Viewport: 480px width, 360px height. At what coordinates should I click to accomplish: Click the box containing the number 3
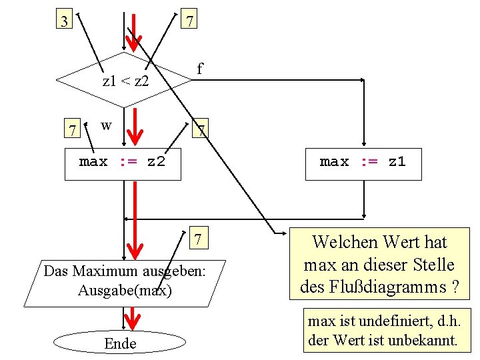64,21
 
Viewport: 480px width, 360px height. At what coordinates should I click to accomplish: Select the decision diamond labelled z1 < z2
125,81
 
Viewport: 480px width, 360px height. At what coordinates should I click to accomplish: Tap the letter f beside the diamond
199,69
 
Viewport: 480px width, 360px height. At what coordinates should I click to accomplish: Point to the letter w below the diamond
106,125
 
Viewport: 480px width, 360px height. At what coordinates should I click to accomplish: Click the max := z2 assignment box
123,164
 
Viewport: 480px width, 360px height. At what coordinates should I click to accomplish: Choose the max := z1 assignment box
363,164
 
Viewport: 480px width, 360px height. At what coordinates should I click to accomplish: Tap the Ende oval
121,343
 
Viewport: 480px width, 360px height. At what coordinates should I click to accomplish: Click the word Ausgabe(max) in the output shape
125,291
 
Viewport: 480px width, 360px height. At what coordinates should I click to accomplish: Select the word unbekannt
423,340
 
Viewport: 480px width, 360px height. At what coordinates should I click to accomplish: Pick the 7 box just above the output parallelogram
197,239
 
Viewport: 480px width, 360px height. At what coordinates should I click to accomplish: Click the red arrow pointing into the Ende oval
133,318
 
